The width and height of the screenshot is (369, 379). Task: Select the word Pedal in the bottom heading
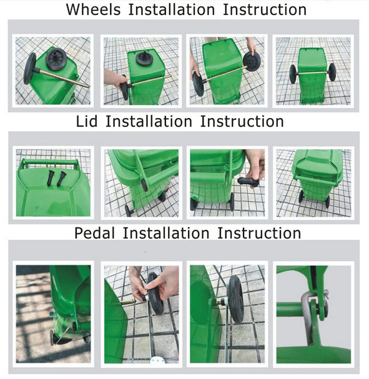click(95, 233)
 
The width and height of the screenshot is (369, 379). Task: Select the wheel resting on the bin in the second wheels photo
click(143, 58)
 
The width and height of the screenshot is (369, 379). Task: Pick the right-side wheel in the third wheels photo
click(251, 62)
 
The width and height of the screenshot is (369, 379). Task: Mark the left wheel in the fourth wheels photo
click(293, 74)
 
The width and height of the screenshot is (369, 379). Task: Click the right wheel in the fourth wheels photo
click(332, 72)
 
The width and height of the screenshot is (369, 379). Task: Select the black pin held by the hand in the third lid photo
click(248, 182)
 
